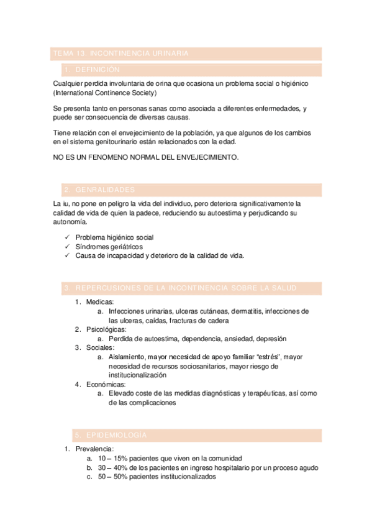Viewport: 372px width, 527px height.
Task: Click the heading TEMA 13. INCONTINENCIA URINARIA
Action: (121, 54)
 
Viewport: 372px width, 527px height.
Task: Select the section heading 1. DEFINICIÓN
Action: (93, 70)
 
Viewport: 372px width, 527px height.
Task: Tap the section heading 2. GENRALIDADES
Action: (99, 190)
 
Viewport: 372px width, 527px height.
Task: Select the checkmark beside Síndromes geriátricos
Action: (67, 247)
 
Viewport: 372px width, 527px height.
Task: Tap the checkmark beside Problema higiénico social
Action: (67, 237)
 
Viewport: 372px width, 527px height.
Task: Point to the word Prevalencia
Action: (94, 449)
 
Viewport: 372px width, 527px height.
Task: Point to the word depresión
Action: (268, 339)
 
